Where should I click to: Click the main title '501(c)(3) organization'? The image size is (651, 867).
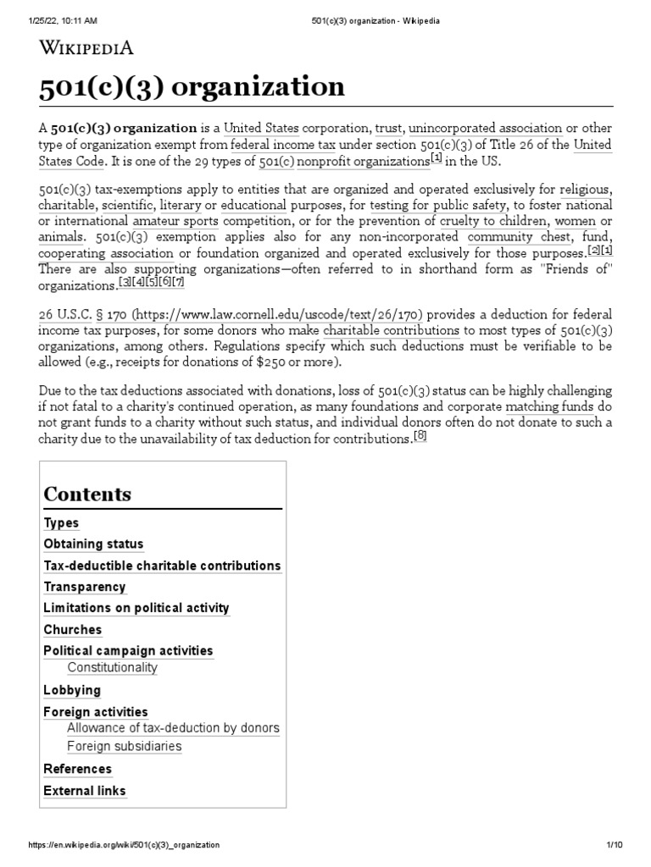click(x=192, y=86)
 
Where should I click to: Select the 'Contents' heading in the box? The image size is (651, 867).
click(x=87, y=494)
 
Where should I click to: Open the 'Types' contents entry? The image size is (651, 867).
click(x=61, y=523)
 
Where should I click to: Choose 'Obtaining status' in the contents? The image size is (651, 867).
click(x=93, y=544)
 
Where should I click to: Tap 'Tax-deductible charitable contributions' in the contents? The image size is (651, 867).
click(x=162, y=566)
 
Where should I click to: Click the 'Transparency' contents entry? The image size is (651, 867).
click(x=85, y=587)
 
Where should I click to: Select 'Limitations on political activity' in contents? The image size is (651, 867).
click(x=136, y=608)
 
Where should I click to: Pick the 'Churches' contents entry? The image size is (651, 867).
click(x=72, y=630)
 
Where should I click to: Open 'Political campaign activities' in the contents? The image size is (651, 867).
click(x=128, y=651)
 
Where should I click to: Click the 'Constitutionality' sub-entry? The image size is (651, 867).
click(x=112, y=668)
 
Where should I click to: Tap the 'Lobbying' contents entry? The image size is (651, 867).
click(x=72, y=690)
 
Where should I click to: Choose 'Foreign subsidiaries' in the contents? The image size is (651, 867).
click(x=124, y=747)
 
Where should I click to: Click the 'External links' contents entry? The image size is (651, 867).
click(x=85, y=791)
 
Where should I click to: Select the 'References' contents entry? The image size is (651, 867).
click(x=77, y=769)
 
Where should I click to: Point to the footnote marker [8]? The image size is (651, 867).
click(x=420, y=436)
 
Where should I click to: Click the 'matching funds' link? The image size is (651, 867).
click(x=550, y=406)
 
